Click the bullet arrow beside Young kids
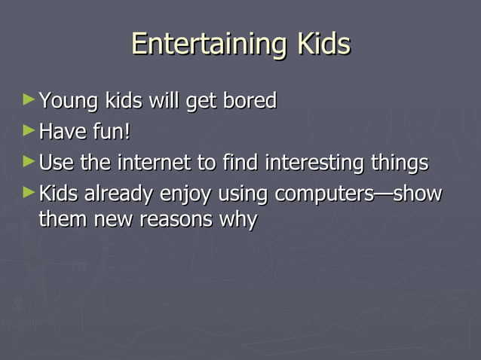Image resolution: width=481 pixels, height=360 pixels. tap(29, 99)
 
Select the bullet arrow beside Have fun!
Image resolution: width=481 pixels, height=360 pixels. tap(29, 130)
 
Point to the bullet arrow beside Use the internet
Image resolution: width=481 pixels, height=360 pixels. tap(29, 161)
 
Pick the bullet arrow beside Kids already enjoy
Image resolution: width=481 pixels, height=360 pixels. tap(29, 193)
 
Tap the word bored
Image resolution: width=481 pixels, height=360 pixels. tap(250, 101)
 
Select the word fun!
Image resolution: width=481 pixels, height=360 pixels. tap(111, 133)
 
